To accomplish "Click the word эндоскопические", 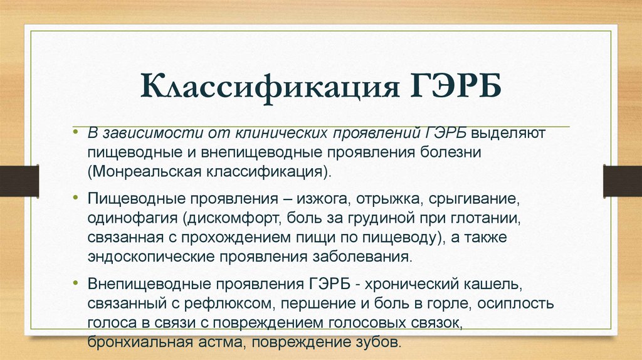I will click(142, 257).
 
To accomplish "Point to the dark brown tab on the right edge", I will click(623, 180).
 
